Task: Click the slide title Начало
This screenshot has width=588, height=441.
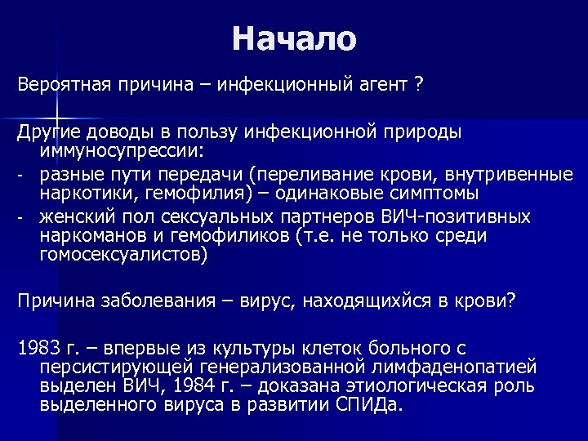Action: pos(294,38)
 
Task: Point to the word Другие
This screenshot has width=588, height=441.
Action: pos(48,131)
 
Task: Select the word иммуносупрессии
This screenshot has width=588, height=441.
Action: pos(119,151)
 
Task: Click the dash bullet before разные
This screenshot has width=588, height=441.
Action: pos(21,175)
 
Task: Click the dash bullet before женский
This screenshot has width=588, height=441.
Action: pos(21,218)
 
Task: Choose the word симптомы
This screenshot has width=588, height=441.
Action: pos(420,195)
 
